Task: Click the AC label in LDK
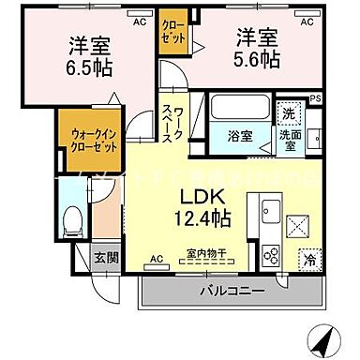coord(157,258)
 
